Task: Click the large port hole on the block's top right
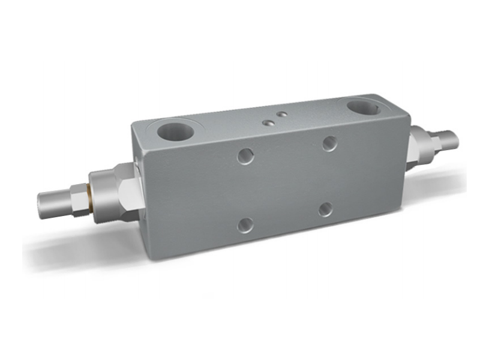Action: point(362,109)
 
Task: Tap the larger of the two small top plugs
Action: point(268,122)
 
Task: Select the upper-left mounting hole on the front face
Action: point(245,156)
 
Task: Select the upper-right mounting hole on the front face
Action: point(329,143)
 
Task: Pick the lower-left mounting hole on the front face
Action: point(245,225)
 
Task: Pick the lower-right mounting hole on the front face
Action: point(326,209)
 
